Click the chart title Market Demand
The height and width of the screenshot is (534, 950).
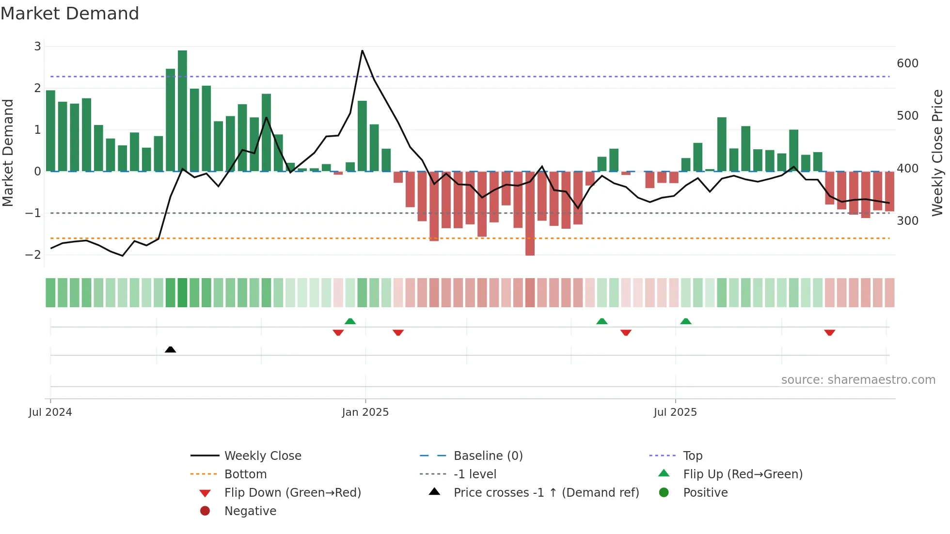(x=70, y=14)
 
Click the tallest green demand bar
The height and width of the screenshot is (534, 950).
(x=182, y=110)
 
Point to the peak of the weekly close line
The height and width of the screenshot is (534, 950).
(x=362, y=50)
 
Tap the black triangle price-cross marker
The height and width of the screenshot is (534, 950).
(x=170, y=349)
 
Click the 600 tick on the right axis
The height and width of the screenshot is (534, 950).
(x=907, y=63)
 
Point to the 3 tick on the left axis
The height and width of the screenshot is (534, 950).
(x=37, y=47)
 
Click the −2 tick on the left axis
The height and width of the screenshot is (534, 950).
(x=33, y=255)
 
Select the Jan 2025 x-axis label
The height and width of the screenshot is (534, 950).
(x=365, y=412)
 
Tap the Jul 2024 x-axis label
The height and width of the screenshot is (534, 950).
(x=50, y=412)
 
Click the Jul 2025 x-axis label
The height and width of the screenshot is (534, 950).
(x=675, y=412)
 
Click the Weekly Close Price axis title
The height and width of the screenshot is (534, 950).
(x=937, y=153)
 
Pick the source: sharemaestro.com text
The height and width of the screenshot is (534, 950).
(x=858, y=380)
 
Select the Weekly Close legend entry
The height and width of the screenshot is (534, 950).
(x=262, y=456)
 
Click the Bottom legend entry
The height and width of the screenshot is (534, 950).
(x=245, y=474)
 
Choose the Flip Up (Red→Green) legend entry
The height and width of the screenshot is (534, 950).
(x=743, y=474)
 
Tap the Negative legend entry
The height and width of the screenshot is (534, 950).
(x=250, y=511)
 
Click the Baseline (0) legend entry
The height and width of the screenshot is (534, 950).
(x=488, y=456)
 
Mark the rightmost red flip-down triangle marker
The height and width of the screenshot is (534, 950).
(x=829, y=332)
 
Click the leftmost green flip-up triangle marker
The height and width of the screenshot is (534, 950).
(x=350, y=321)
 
